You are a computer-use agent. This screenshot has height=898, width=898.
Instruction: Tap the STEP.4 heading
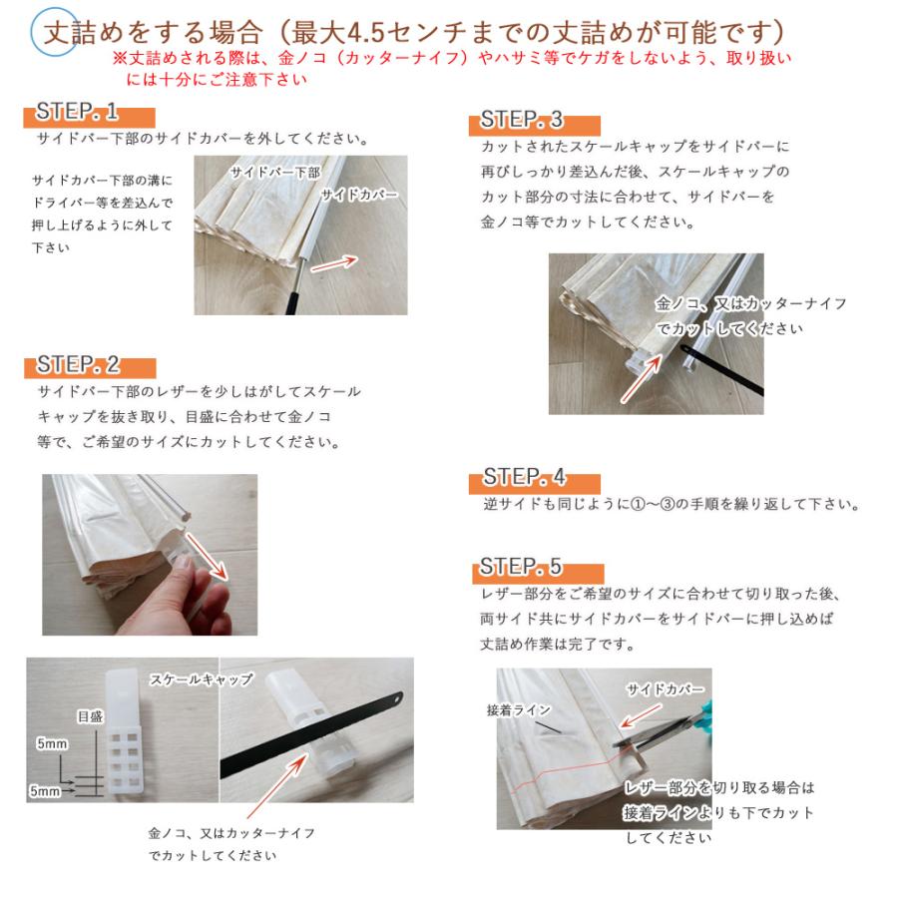pyautogui.click(x=524, y=477)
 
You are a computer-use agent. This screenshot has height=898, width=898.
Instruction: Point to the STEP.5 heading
pyautogui.click(x=522, y=568)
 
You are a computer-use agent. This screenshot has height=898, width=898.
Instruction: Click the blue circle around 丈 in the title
pyautogui.click(x=53, y=32)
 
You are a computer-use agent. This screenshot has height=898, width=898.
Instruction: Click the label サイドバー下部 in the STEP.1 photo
pyautogui.click(x=274, y=172)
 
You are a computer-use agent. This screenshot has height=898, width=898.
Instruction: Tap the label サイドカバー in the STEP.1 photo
pyautogui.click(x=359, y=195)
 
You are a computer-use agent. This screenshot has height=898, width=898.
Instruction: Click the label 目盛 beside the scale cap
pyautogui.click(x=90, y=716)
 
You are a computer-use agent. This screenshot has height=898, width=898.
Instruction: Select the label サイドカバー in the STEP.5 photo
pyautogui.click(x=665, y=689)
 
